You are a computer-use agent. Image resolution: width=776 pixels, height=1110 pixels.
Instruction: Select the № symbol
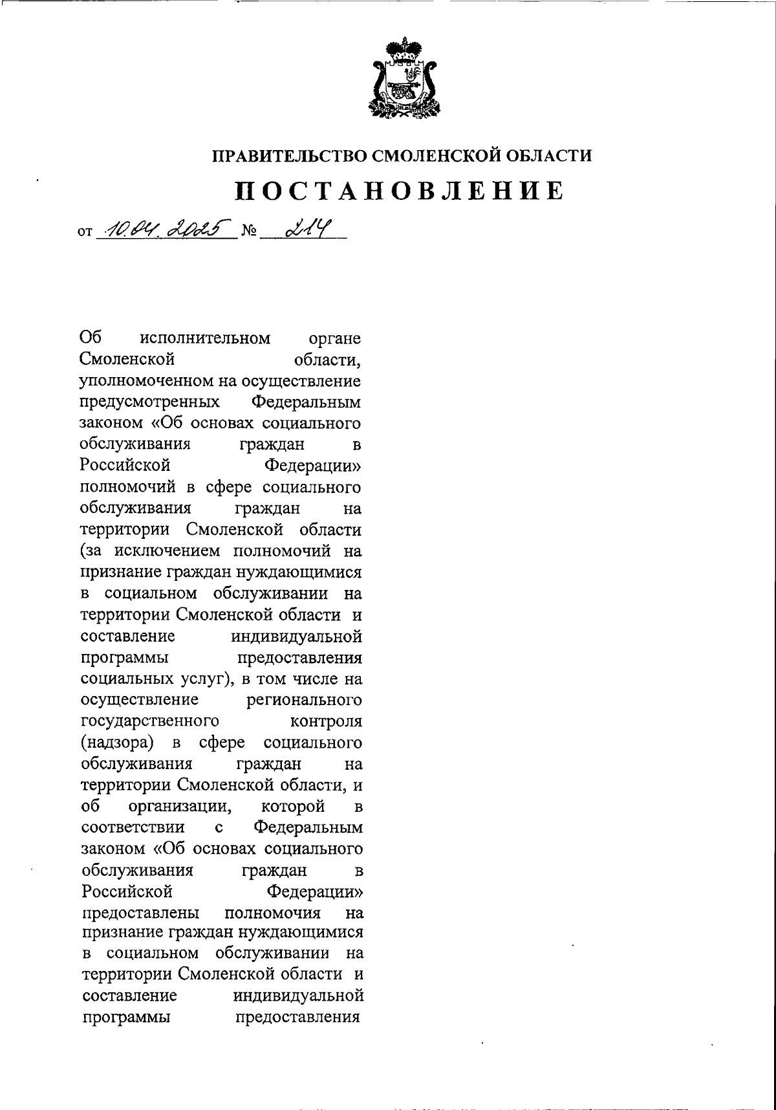coord(248,230)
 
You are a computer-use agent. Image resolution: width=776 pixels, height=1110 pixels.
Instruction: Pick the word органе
coord(335,338)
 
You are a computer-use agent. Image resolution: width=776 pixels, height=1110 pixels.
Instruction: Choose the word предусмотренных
coord(149,402)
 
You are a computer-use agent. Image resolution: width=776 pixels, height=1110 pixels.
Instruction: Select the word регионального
coord(304,700)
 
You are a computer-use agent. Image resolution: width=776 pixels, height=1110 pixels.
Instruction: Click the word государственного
coord(149,721)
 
